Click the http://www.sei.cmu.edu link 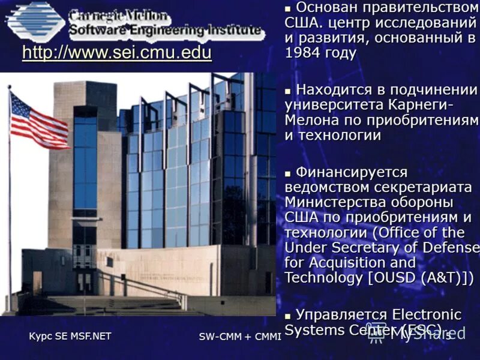click(116, 53)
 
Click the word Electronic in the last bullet click(427, 314)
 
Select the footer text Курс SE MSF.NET click(70, 336)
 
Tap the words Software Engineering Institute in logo click(165, 30)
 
